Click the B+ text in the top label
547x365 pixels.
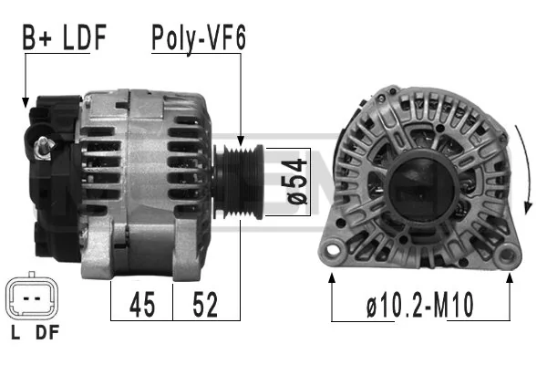37,37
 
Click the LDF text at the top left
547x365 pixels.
85,37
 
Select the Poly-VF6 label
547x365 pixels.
199,38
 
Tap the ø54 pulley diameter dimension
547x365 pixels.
297,182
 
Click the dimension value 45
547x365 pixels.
142,304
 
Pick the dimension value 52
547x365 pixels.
205,304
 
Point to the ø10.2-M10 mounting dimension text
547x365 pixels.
420,305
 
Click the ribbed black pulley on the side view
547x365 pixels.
239,182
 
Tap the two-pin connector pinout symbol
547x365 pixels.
32,298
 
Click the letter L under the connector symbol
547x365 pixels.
15,332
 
